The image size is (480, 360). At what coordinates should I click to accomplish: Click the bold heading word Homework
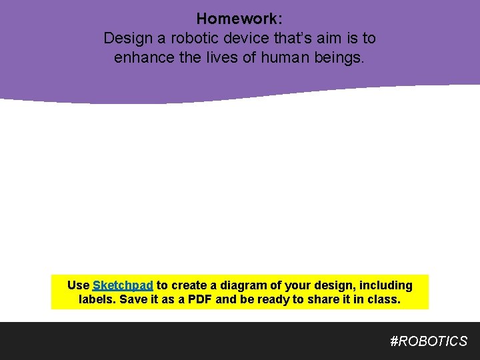pos(239,19)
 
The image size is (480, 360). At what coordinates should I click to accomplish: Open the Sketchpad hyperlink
pos(123,285)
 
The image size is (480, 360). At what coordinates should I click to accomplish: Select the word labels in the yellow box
pos(97,299)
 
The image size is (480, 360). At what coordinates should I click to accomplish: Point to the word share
pos(323,299)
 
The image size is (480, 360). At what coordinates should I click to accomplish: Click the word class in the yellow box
pos(383,299)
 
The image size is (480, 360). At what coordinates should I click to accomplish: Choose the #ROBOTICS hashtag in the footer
pos(429,341)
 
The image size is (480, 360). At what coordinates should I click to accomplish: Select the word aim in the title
pos(330,39)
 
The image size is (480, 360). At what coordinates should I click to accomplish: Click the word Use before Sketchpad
pos(78,285)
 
